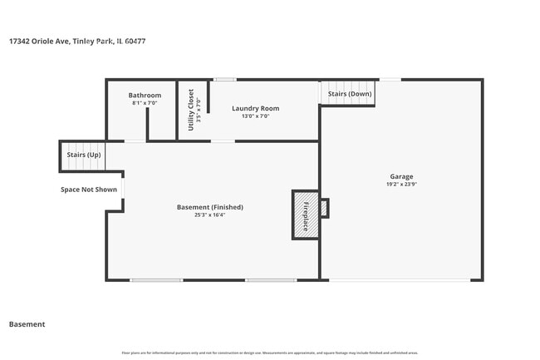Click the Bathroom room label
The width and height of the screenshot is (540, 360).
[x=145, y=96]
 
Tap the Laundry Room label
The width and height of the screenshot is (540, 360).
[x=255, y=108]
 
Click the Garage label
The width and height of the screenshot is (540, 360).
[x=401, y=176]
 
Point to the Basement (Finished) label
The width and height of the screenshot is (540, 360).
[x=210, y=207]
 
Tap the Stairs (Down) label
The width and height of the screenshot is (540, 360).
[x=349, y=94]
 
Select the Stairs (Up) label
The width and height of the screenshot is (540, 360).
[x=84, y=155]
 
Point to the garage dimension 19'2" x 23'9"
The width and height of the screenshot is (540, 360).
[x=401, y=185]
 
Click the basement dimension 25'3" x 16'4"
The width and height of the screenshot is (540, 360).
[x=210, y=215]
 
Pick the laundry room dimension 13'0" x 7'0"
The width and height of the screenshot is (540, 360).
[x=255, y=116]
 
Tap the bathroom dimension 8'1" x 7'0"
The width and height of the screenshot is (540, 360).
[x=145, y=104]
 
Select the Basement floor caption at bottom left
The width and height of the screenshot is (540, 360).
[x=27, y=324]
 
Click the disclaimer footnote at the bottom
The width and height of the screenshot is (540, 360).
[x=269, y=353]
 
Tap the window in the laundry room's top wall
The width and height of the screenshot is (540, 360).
[x=224, y=80]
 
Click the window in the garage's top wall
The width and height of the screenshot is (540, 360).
[x=390, y=80]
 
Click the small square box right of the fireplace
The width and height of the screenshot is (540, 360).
[x=324, y=208]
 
